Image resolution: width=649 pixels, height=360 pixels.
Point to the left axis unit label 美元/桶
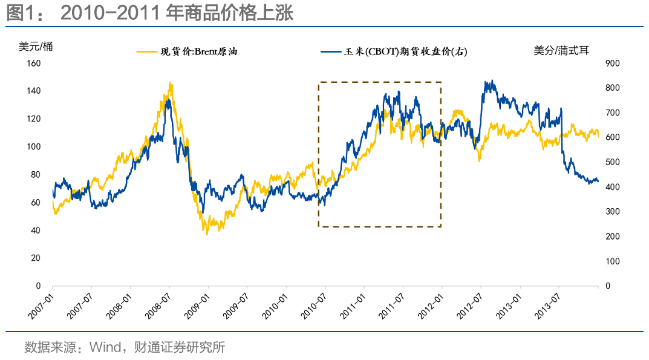[36, 47]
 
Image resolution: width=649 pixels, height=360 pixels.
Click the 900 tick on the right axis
[612, 63]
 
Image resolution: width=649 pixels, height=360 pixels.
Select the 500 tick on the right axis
[612, 162]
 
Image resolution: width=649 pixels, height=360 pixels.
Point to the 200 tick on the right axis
[612, 236]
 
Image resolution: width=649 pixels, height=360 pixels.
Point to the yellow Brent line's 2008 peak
[170, 83]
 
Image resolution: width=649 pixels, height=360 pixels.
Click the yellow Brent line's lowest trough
[207, 234]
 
